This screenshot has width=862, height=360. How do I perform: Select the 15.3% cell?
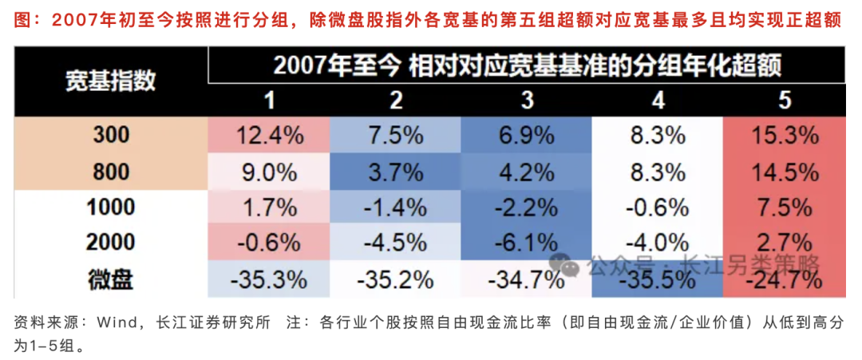coord(785,136)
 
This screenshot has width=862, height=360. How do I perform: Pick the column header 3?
coord(524,101)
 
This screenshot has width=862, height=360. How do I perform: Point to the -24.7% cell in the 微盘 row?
coord(785,280)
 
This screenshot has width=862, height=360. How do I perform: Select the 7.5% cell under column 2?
coord(396,136)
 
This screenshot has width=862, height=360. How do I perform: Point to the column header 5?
coord(785,101)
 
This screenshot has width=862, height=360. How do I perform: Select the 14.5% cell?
coord(785,172)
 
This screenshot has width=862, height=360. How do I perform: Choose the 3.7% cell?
coord(396,172)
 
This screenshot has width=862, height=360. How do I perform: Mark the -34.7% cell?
coord(524,280)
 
